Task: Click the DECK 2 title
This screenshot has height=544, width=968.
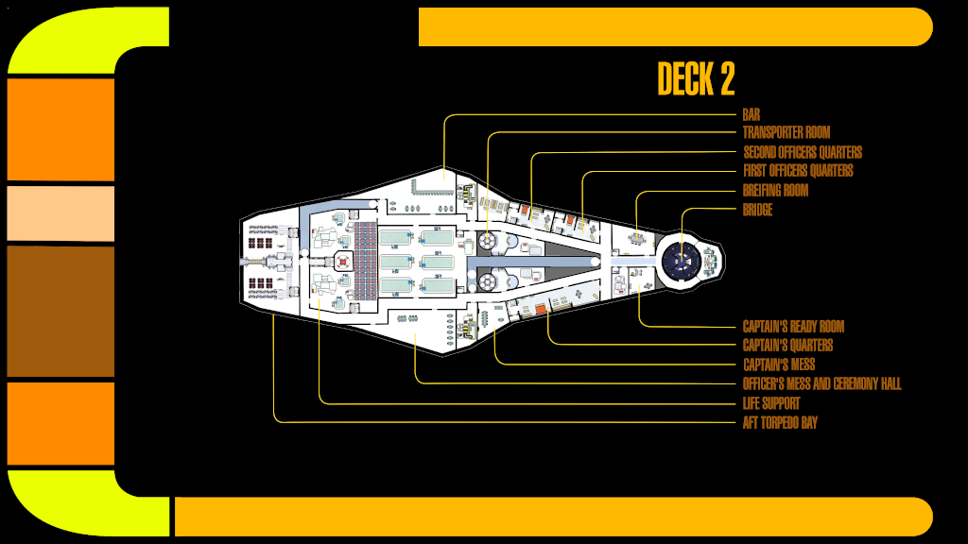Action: [696, 79]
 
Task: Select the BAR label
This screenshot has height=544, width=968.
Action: [752, 115]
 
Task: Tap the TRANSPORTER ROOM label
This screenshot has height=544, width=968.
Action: [786, 133]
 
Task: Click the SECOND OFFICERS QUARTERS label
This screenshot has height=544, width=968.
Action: [803, 152]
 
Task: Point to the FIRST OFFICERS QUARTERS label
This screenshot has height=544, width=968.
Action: [798, 171]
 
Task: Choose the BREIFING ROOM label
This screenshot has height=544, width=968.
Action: [775, 191]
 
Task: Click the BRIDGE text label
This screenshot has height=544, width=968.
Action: [757, 210]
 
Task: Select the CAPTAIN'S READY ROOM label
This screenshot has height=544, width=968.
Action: [793, 327]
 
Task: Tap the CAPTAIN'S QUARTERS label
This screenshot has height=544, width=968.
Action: [787, 346]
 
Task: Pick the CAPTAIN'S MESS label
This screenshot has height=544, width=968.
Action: [779, 365]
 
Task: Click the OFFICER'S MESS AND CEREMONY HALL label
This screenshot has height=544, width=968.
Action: [821, 384]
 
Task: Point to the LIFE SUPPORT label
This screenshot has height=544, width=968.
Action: [771, 403]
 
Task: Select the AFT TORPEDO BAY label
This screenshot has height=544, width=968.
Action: [780, 422]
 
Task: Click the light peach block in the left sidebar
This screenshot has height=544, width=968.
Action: [60, 213]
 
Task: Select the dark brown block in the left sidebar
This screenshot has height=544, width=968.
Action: [60, 311]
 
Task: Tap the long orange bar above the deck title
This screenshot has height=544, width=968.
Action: [675, 26]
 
